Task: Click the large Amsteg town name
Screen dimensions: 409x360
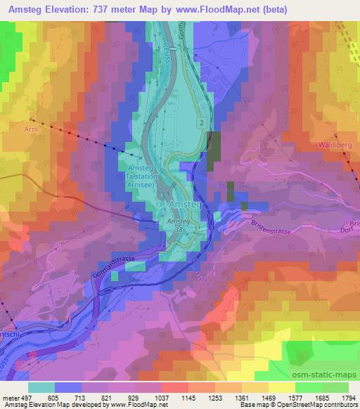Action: coord(186,204)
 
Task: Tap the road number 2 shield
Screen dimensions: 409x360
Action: coord(202,124)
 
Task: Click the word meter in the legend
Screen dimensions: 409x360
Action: coord(12,397)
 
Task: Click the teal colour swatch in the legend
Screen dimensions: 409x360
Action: coord(41,387)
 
